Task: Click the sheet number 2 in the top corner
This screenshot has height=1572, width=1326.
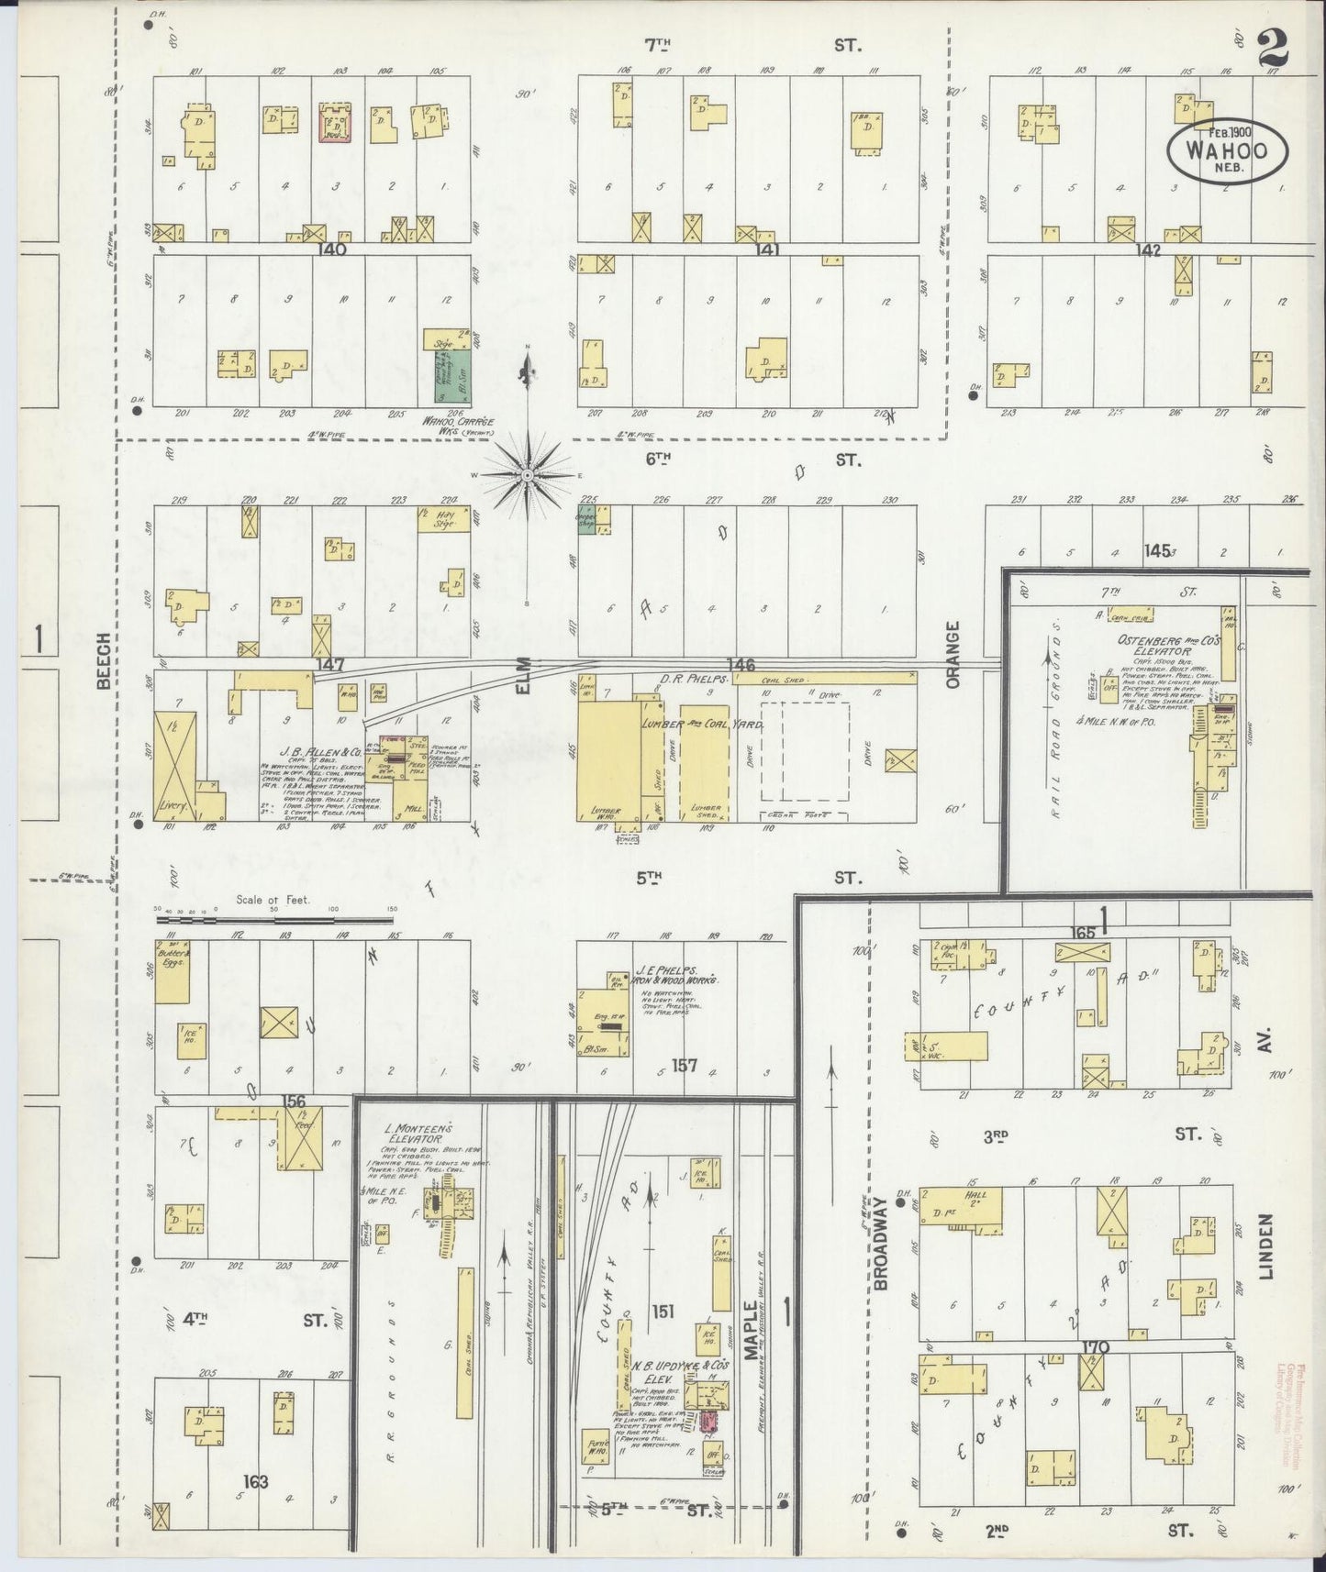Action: [x=1273, y=48]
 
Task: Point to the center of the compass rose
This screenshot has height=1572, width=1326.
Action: [x=528, y=476]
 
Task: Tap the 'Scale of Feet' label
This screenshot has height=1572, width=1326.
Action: [x=273, y=900]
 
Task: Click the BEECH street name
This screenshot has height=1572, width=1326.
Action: [x=104, y=660]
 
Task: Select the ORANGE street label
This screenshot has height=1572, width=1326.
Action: [x=953, y=655]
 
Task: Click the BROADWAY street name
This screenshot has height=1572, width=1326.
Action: [x=882, y=1243]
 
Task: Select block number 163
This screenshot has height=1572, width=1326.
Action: [x=256, y=1481]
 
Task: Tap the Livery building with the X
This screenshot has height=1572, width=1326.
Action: [x=174, y=766]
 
